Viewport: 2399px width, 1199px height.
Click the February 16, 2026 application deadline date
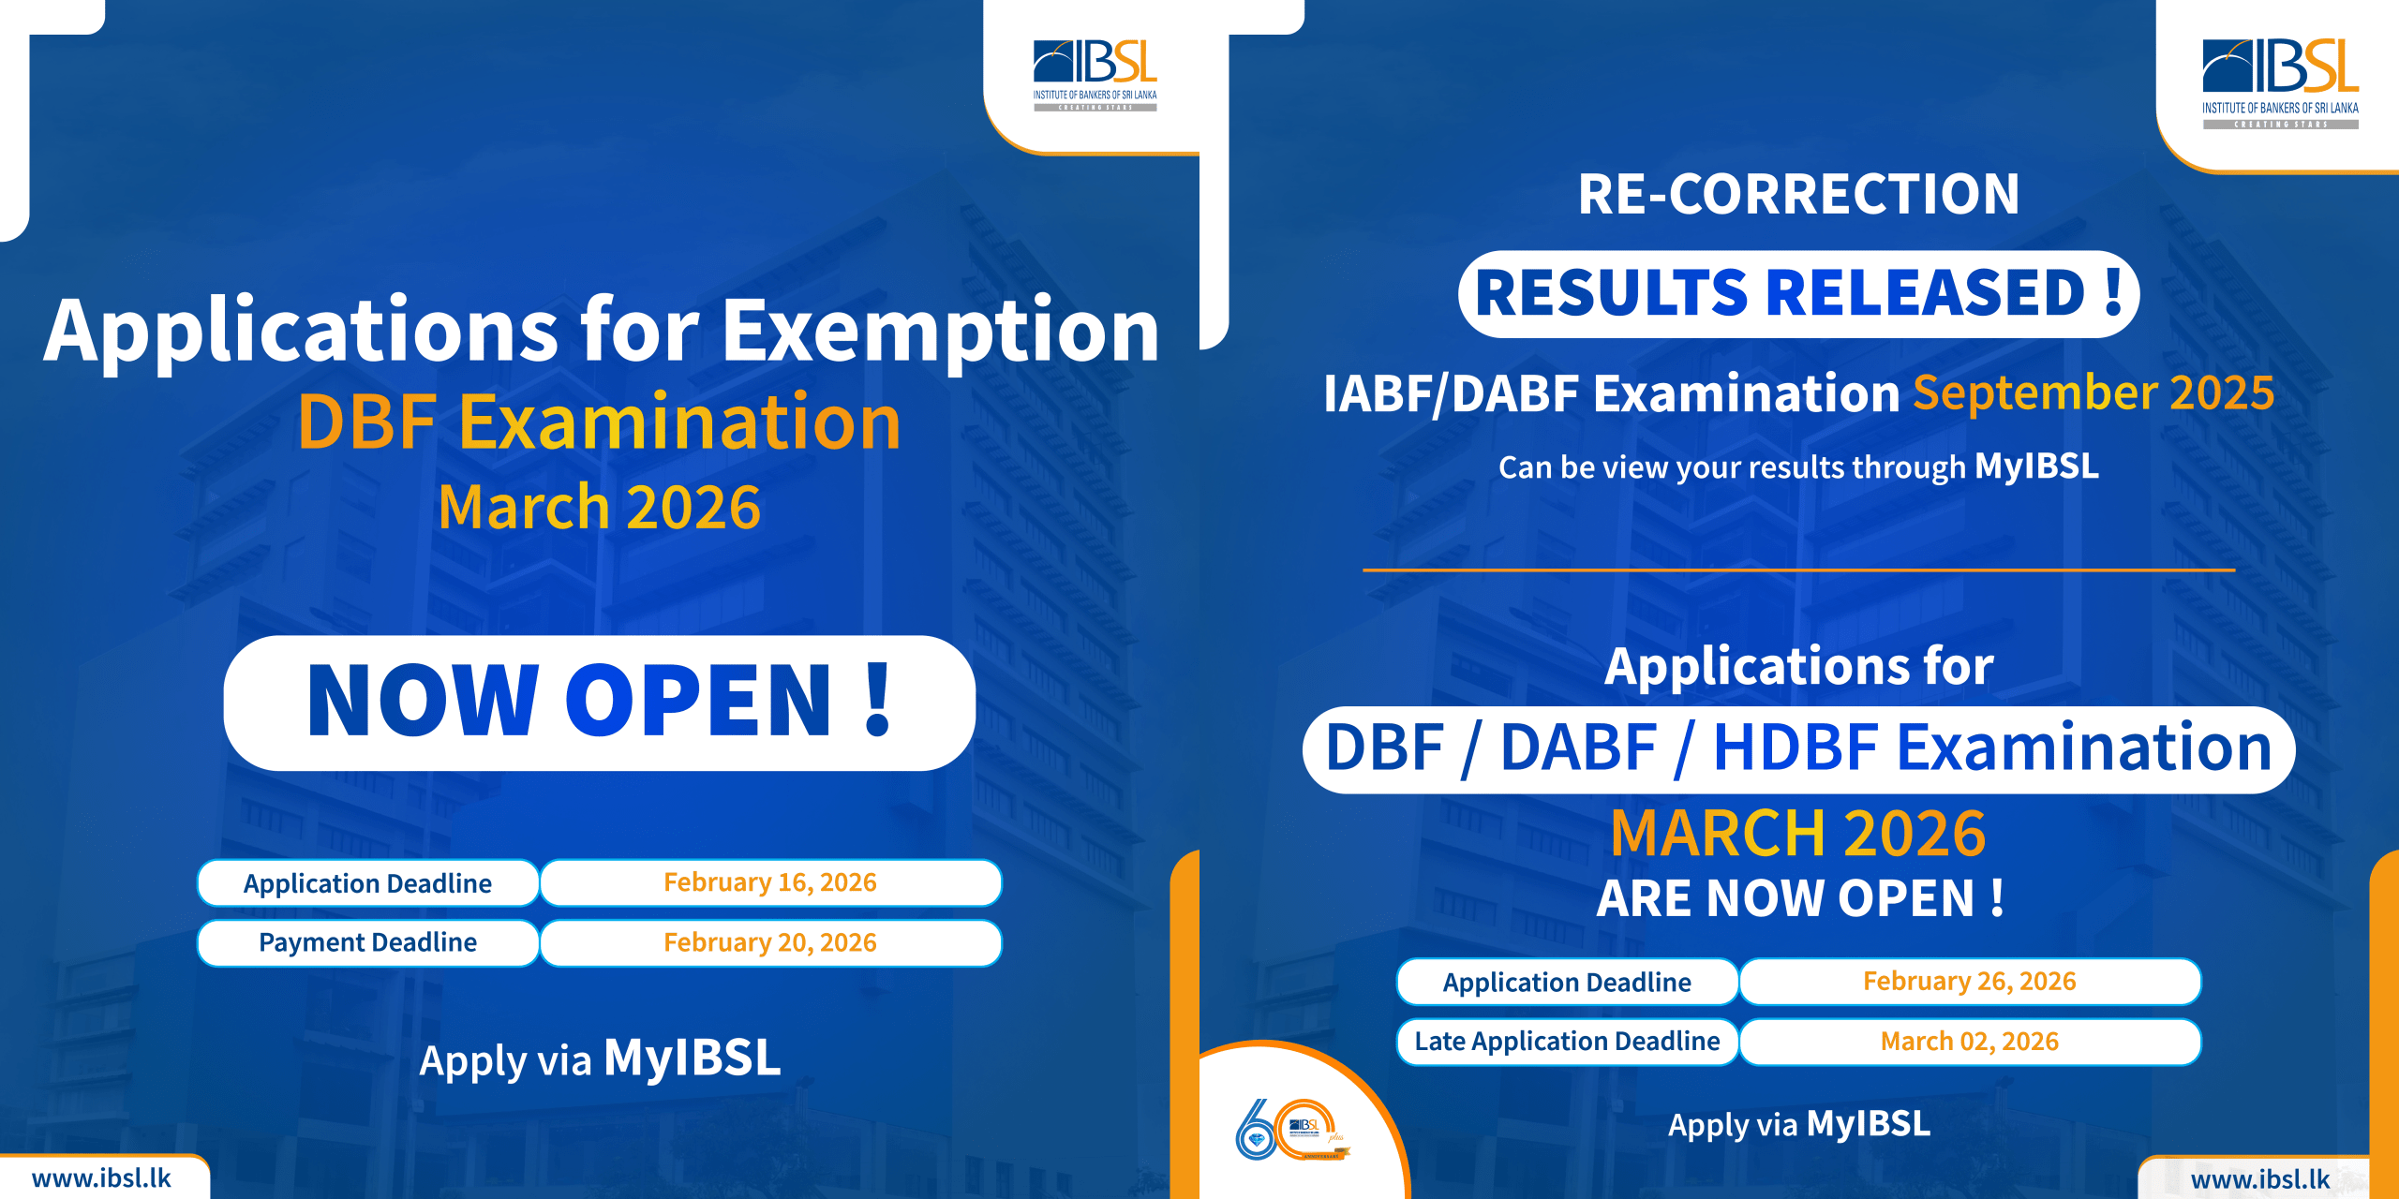[x=770, y=882]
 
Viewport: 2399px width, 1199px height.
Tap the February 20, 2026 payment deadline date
[x=770, y=942]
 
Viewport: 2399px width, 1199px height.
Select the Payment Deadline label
[x=367, y=942]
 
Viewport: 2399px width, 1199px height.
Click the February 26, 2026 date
[x=1970, y=982]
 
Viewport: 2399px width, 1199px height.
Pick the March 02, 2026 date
[x=1970, y=1042]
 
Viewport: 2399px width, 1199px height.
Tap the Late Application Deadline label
[x=1567, y=1042]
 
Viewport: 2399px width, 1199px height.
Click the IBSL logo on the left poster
[x=1095, y=75]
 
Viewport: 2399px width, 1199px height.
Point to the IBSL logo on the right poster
[x=2280, y=83]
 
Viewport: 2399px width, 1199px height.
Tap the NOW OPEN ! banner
[x=600, y=703]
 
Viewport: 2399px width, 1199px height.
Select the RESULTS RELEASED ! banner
[x=1798, y=294]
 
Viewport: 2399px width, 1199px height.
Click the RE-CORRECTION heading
[x=1798, y=194]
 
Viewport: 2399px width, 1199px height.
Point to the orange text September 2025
[x=2094, y=392]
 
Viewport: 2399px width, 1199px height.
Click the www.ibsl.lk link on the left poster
[x=101, y=1177]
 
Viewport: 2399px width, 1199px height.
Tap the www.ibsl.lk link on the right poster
[x=2259, y=1179]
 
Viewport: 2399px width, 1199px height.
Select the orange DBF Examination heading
[x=600, y=422]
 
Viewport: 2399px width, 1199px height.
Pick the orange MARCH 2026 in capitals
[x=1798, y=833]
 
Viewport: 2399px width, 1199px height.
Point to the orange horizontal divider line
[x=1799, y=570]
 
